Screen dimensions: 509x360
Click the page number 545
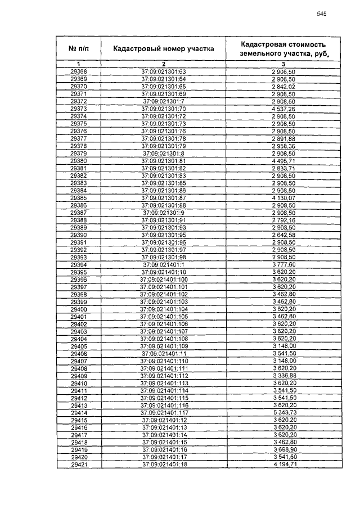tap(322, 14)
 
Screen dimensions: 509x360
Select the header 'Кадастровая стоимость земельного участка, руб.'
tap(283, 49)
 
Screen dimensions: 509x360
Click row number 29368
tap(79, 72)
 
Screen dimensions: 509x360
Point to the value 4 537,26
tap(283, 109)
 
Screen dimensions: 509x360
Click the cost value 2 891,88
tap(283, 138)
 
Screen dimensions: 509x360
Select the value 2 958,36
tap(283, 146)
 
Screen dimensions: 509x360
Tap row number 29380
tap(79, 160)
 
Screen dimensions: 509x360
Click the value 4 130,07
tap(283, 198)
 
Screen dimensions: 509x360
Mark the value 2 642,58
tap(283, 235)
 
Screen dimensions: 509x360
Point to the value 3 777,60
tap(283, 264)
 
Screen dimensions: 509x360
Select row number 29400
tap(79, 309)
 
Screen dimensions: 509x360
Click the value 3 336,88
tap(283, 376)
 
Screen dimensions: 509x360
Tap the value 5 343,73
tap(283, 412)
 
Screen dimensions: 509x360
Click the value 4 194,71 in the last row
tap(283, 465)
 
